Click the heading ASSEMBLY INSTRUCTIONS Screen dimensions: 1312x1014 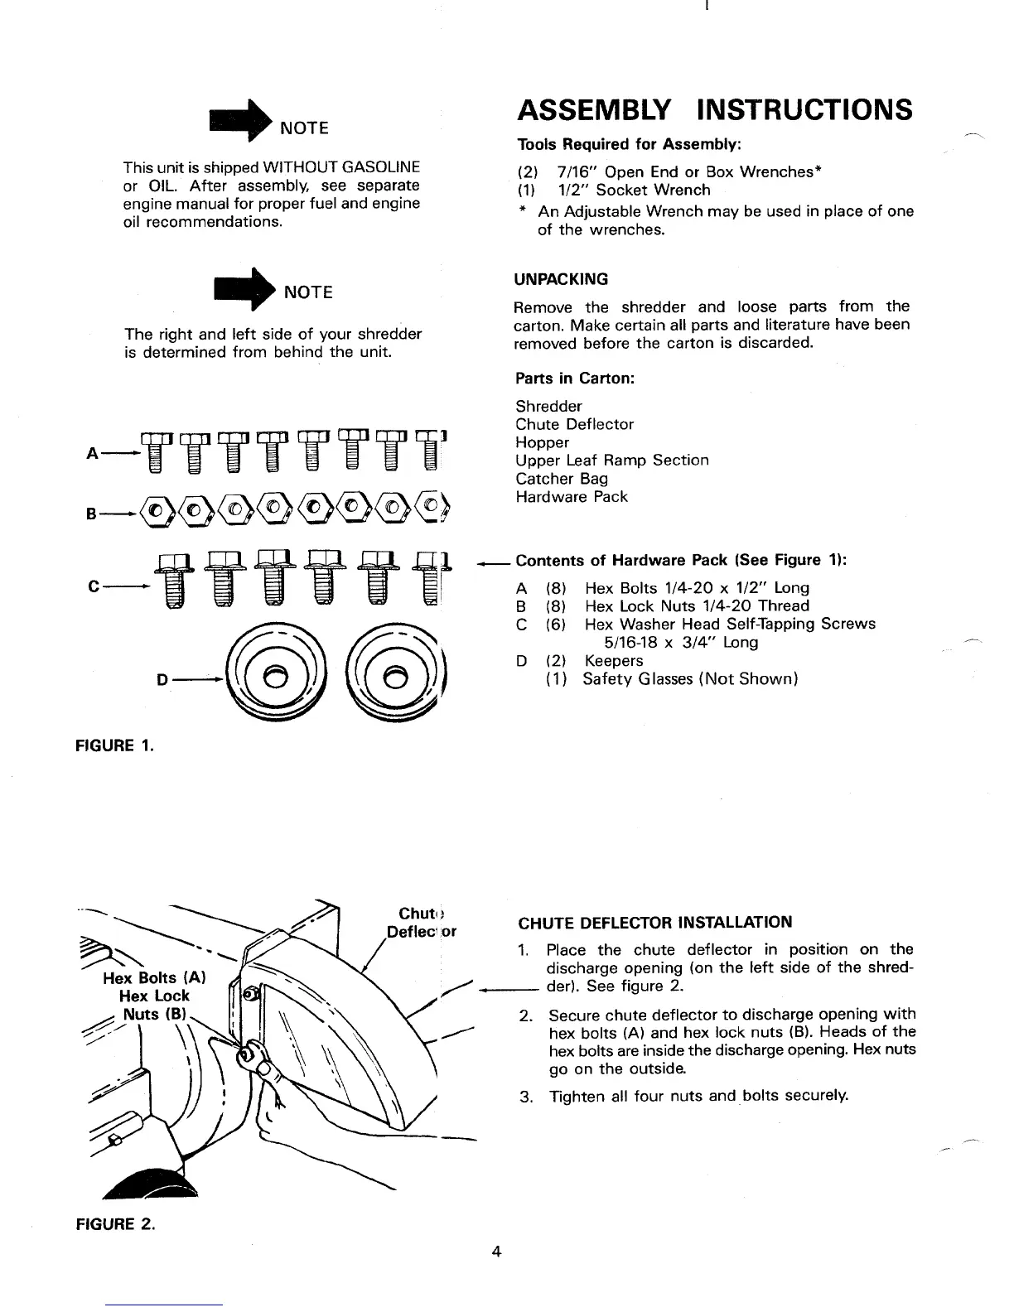point(714,110)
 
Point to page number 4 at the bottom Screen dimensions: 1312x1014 point(496,1252)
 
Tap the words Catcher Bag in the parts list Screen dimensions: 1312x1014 point(562,479)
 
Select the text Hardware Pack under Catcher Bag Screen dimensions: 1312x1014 point(572,497)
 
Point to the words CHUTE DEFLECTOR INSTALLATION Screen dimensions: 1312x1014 point(654,922)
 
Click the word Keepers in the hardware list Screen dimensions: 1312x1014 point(614,661)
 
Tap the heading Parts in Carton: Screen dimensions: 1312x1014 point(575,378)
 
